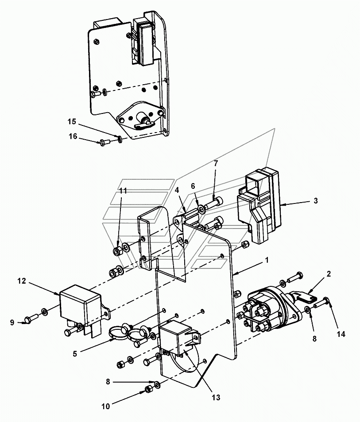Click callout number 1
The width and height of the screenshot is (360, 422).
pos(267,260)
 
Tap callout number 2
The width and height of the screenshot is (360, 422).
pos(329,274)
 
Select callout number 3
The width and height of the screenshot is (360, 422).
pos(316,201)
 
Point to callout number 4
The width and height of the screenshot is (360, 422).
pos(177,190)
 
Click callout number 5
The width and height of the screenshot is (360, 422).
pos(75,354)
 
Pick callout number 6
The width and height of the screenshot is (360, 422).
pos(193,186)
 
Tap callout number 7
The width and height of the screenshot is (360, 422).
pos(216,163)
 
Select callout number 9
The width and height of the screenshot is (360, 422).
pos(12,322)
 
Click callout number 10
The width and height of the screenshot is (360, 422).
pos(106,406)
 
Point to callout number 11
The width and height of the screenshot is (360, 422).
pos(123,191)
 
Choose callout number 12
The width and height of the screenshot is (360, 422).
pos(22,281)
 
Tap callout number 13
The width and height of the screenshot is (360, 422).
pos(216,397)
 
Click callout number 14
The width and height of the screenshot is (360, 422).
pos(341,334)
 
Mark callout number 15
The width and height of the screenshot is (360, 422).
pos(72,121)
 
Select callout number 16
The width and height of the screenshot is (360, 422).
pos(73,137)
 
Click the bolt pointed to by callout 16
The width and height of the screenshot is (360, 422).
pos(105,141)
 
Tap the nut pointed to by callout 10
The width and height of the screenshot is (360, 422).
pos(148,390)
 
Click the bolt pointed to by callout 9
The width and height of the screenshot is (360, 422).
pos(31,318)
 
